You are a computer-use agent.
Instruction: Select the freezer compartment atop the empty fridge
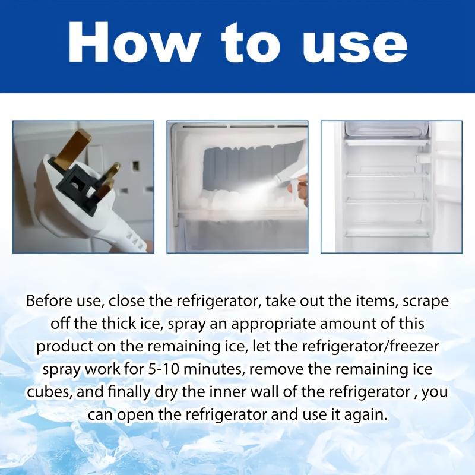click(x=387, y=131)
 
